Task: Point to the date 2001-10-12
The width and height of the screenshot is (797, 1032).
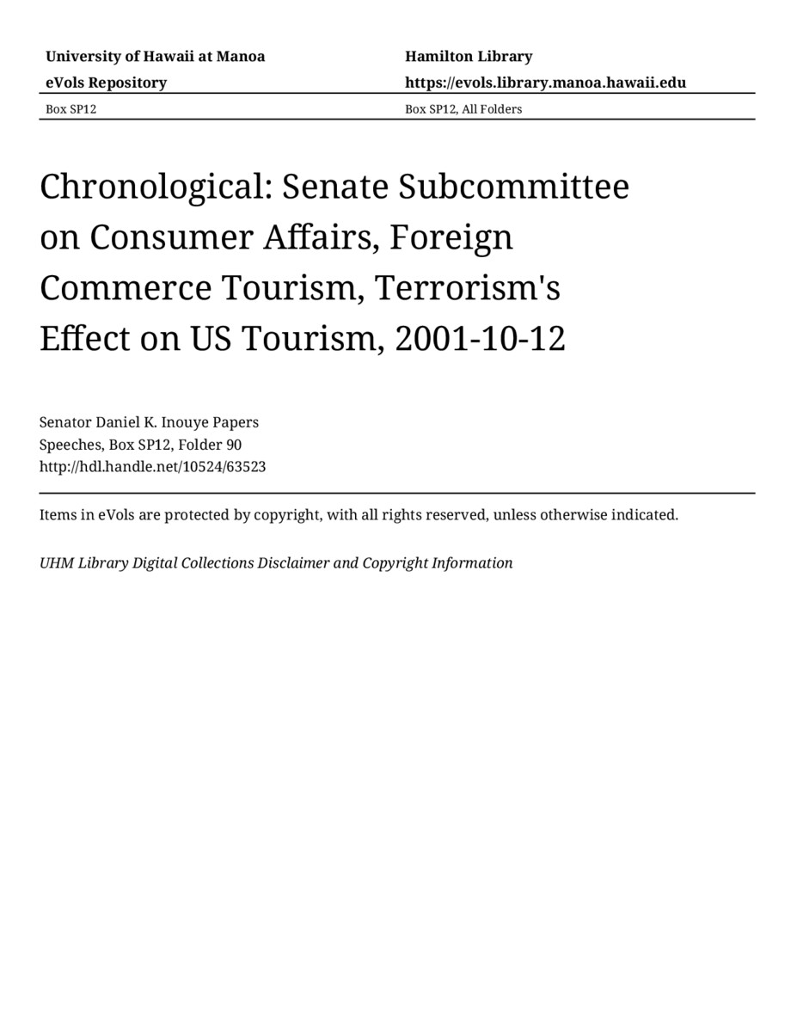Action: click(480, 339)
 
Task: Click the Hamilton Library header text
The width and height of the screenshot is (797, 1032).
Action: click(469, 57)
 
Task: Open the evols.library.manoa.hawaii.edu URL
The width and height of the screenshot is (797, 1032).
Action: click(545, 83)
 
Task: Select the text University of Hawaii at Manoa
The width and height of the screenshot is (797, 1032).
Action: click(155, 57)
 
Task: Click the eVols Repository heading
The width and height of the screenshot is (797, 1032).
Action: click(106, 83)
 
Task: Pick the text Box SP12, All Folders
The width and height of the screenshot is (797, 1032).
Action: click(463, 109)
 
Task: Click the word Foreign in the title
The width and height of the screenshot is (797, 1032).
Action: click(451, 237)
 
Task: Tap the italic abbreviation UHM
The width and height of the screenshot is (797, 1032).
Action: click(56, 563)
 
